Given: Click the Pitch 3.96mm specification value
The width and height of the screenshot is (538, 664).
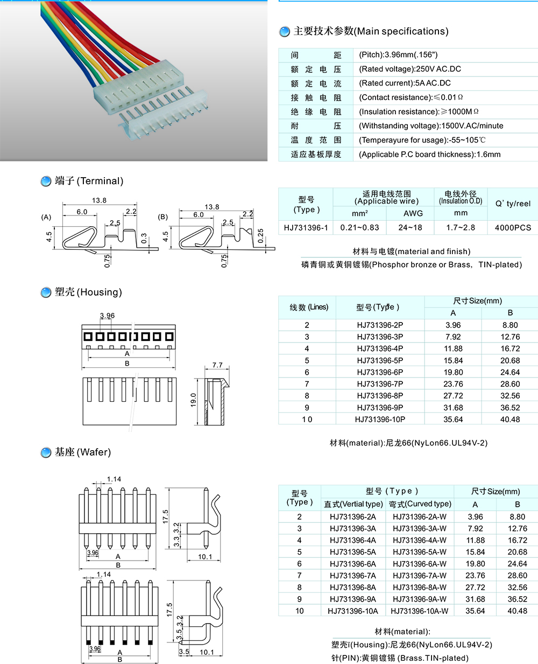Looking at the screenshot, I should click(x=398, y=54).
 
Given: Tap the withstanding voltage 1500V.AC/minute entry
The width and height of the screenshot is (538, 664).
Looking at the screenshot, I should click(x=431, y=125).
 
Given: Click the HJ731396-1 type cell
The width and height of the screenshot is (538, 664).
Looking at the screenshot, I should click(x=306, y=227).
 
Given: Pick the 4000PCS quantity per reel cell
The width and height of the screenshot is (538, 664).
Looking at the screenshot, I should click(x=513, y=227).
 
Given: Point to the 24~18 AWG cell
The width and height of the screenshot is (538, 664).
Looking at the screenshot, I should click(x=410, y=227).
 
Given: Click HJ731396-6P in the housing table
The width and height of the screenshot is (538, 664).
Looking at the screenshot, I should click(x=380, y=372).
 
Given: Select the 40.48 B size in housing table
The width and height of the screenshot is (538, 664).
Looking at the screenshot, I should click(x=510, y=420).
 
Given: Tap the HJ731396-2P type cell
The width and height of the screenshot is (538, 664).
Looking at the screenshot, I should click(x=380, y=325).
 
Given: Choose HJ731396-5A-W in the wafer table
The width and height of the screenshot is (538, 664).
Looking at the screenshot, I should click(x=420, y=552).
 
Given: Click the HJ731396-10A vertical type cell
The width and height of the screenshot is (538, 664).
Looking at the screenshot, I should click(x=353, y=611).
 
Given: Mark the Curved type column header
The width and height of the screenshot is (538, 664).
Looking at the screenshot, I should click(x=420, y=504).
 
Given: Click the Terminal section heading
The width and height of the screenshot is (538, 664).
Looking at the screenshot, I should click(x=89, y=181).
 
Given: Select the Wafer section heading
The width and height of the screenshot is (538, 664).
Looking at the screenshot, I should click(x=82, y=452).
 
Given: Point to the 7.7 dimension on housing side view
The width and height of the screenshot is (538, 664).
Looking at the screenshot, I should click(x=217, y=365).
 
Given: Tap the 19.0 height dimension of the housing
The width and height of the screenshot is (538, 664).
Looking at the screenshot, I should click(x=194, y=400).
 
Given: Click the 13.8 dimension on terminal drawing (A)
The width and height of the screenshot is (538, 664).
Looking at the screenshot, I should click(x=99, y=200).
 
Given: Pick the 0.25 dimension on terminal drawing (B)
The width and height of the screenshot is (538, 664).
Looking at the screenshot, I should click(x=261, y=236).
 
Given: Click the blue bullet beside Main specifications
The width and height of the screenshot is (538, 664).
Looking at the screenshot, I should click(x=285, y=32).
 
